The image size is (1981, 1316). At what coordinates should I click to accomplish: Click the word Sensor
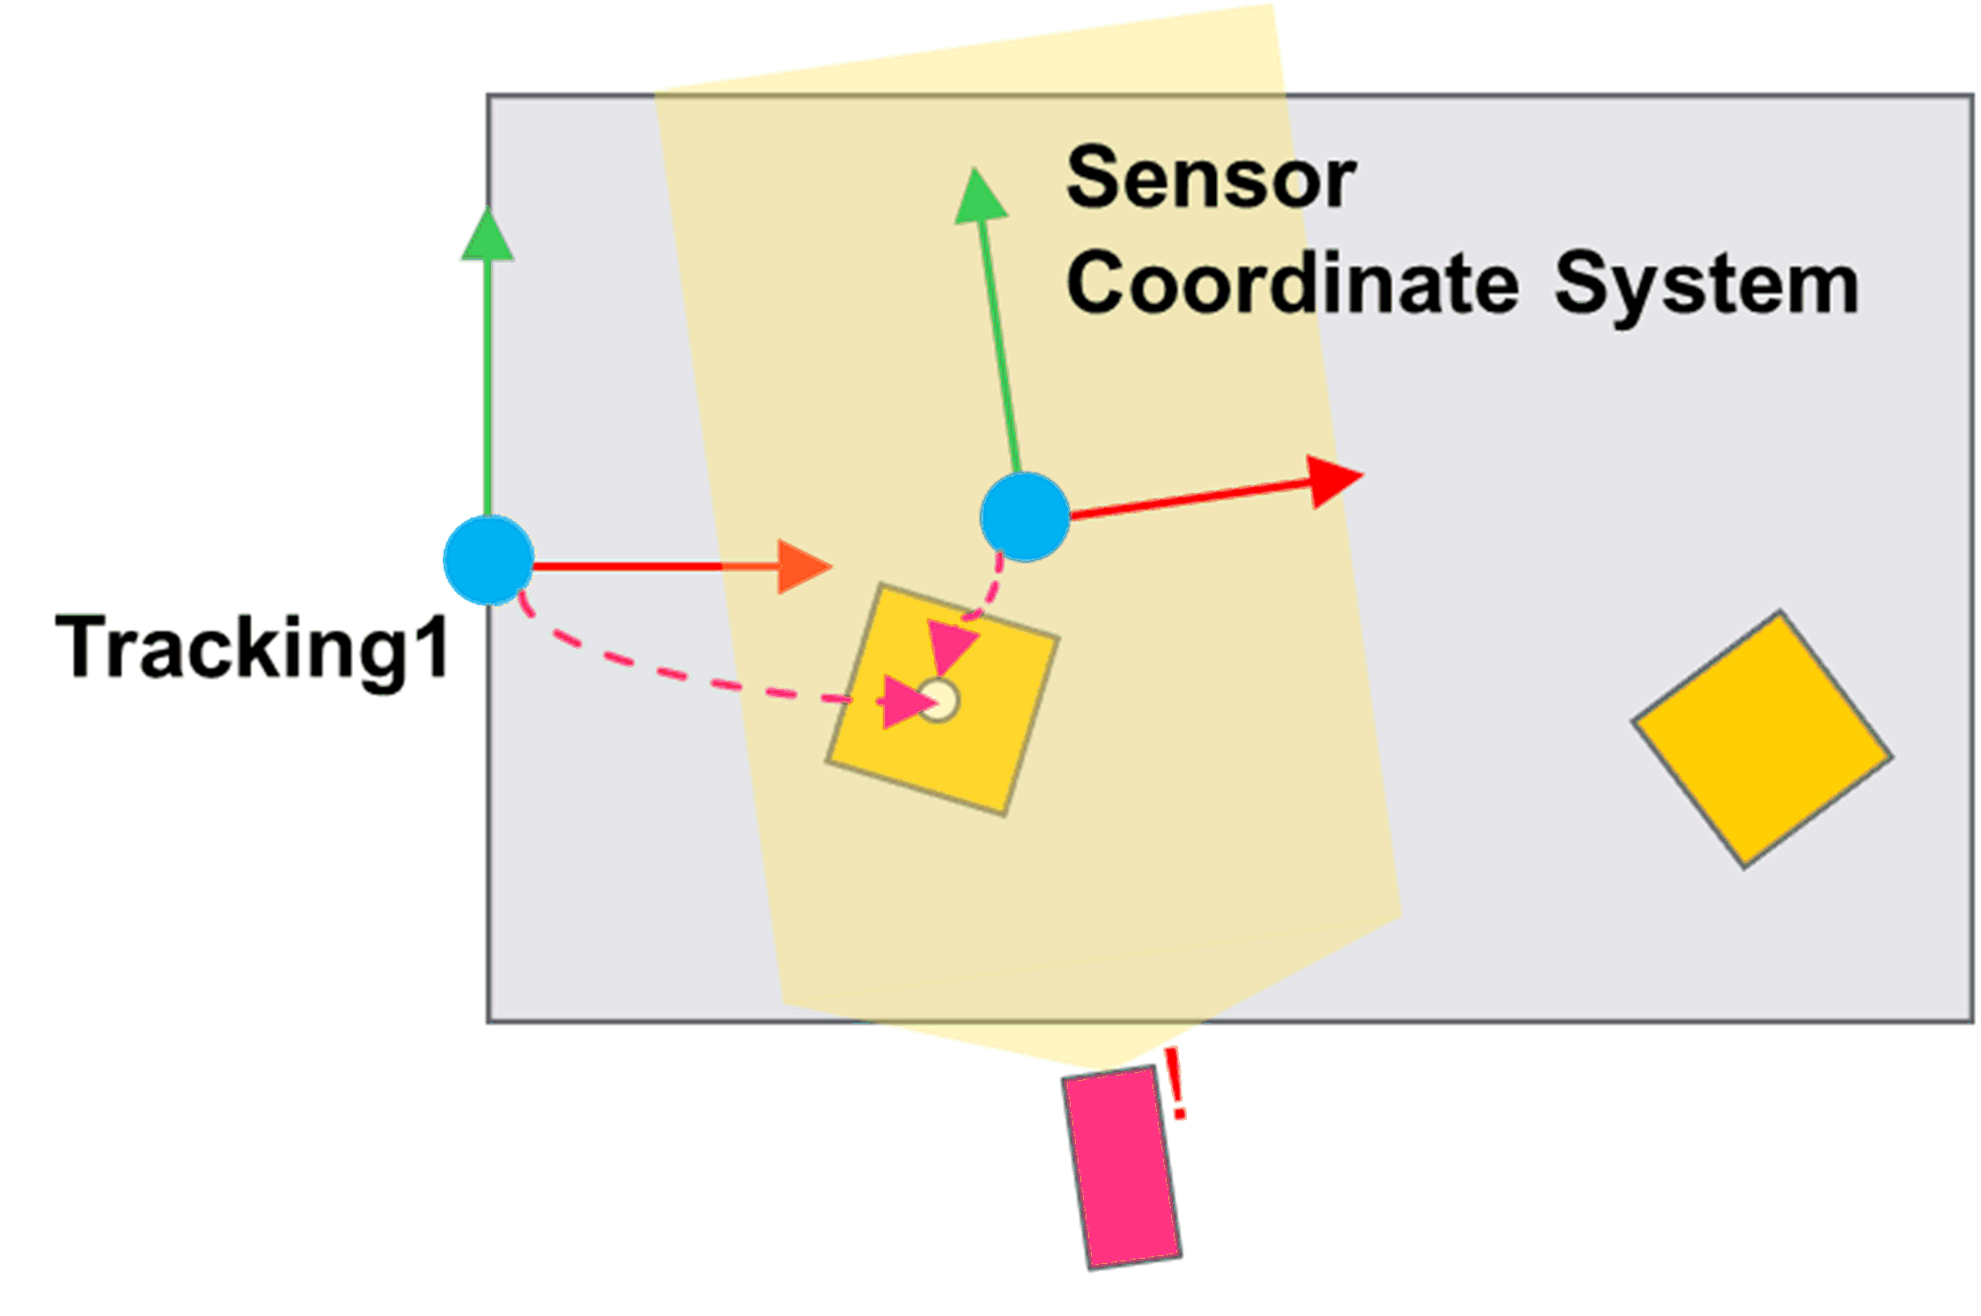(1211, 179)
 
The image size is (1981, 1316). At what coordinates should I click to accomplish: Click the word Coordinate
(1292, 284)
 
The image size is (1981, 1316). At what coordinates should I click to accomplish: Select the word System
(1705, 284)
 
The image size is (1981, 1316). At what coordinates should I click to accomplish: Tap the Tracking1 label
(253, 649)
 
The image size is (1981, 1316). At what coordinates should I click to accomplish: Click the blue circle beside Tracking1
(489, 561)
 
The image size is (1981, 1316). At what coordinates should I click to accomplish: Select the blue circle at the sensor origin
(1025, 517)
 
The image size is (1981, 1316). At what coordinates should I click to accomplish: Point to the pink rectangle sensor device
(1122, 1166)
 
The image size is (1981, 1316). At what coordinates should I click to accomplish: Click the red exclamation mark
(1175, 1084)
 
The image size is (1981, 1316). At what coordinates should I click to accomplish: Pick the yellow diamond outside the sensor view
(1763, 739)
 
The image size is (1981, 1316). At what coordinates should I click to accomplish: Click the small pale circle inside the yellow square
(939, 701)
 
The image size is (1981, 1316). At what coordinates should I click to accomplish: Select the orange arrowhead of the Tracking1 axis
(803, 566)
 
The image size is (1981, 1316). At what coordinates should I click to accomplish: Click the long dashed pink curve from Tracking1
(669, 673)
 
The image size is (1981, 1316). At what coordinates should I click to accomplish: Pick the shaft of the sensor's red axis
(1189, 499)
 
